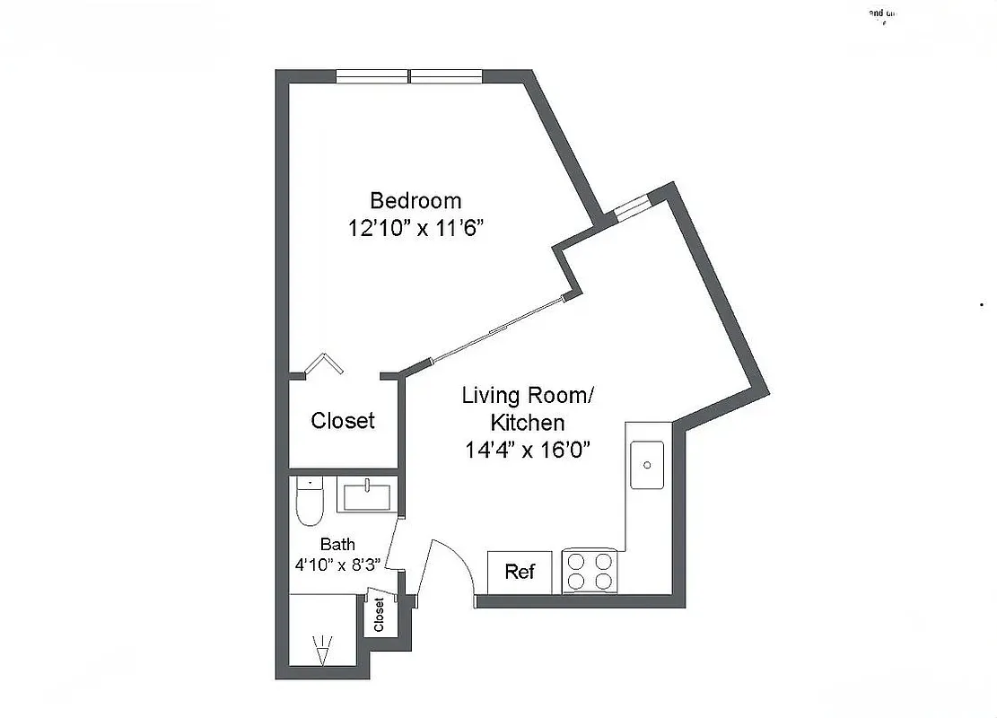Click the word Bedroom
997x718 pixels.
[x=415, y=200]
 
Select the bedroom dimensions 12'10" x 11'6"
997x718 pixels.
[x=415, y=229]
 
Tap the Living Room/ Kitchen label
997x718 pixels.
[x=527, y=408]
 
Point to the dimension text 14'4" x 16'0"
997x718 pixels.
[x=527, y=450]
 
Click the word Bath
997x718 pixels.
[x=337, y=544]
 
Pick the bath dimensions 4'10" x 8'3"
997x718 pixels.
[x=337, y=565]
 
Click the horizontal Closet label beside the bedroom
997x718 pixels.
[x=343, y=420]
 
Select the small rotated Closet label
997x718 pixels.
[x=379, y=615]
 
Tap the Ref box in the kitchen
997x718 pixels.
[x=520, y=572]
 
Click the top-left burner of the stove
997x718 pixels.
[x=578, y=562]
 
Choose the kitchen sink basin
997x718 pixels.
[x=646, y=465]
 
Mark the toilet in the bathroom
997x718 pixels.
[x=310, y=503]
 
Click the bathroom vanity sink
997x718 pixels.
[x=367, y=495]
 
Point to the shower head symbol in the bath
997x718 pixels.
[x=320, y=648]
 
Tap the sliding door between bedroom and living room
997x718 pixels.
[x=498, y=328]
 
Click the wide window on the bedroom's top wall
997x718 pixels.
[x=410, y=76]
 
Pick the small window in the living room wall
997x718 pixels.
[x=631, y=206]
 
